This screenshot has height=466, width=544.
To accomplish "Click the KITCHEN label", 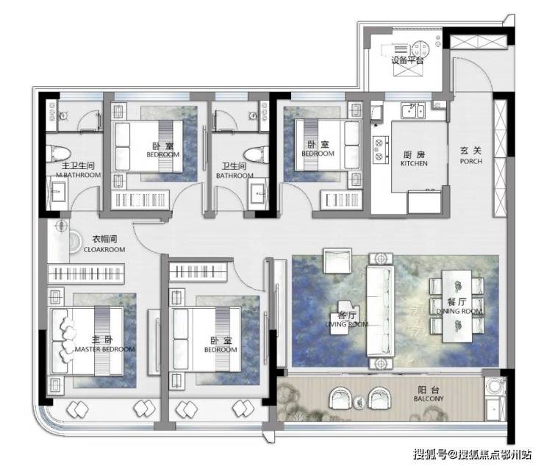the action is (414, 163).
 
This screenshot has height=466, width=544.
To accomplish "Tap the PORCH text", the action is (470, 162).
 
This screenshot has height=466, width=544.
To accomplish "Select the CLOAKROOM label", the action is (104, 249).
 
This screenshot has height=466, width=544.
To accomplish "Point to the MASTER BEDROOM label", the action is (105, 349).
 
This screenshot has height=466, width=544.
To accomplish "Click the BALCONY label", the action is (429, 398).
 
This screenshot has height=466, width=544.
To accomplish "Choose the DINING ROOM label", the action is (459, 311).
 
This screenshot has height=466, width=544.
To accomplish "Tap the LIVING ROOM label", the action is (346, 324).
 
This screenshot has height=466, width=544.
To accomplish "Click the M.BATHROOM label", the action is (79, 175).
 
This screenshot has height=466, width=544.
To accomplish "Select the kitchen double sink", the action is (413, 111).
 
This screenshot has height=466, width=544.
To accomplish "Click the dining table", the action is (457, 307).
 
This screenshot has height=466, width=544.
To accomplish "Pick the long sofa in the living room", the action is (381, 311).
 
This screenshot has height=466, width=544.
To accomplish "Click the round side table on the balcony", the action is (359, 402).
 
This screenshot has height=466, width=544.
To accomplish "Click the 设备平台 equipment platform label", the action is (407, 60).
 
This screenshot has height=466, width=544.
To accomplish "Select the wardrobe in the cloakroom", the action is (86, 273).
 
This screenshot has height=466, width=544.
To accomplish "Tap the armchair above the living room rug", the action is (337, 260).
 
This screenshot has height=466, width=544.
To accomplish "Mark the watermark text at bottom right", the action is (472, 454).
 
